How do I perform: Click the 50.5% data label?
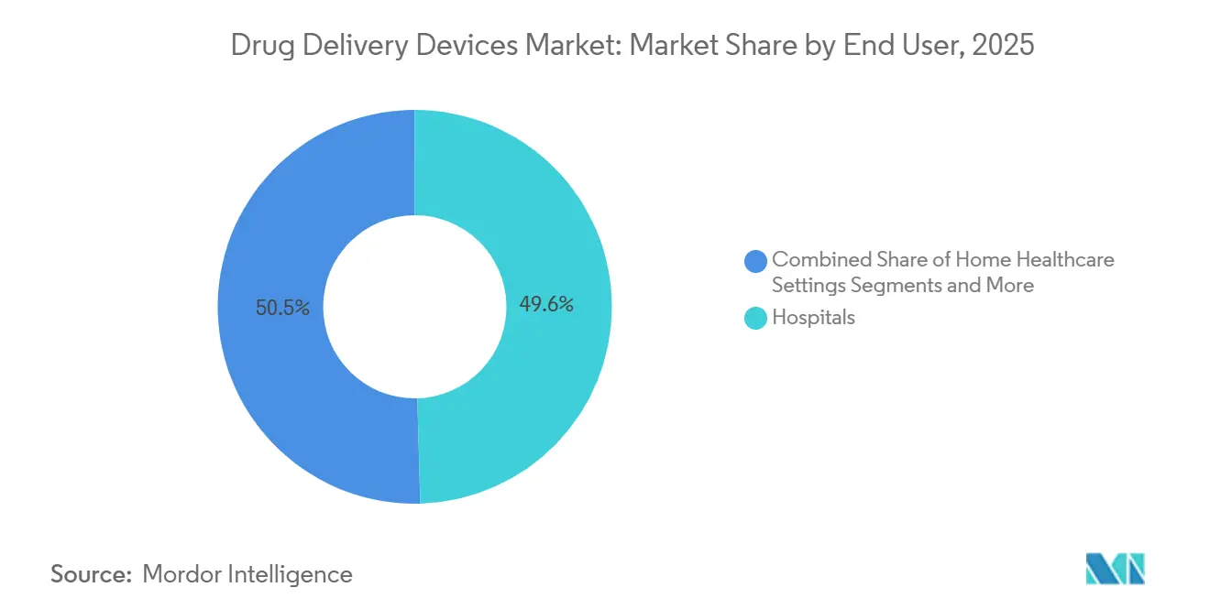[283, 308]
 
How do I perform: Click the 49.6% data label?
[546, 305]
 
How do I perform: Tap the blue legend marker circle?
[756, 261]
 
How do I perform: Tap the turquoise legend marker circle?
[756, 319]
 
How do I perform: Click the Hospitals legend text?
[813, 318]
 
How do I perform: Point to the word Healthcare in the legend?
[1065, 259]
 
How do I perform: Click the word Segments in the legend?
[895, 285]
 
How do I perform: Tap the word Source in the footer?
[91, 574]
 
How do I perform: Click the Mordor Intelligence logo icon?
[1115, 569]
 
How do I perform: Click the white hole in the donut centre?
[414, 307]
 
